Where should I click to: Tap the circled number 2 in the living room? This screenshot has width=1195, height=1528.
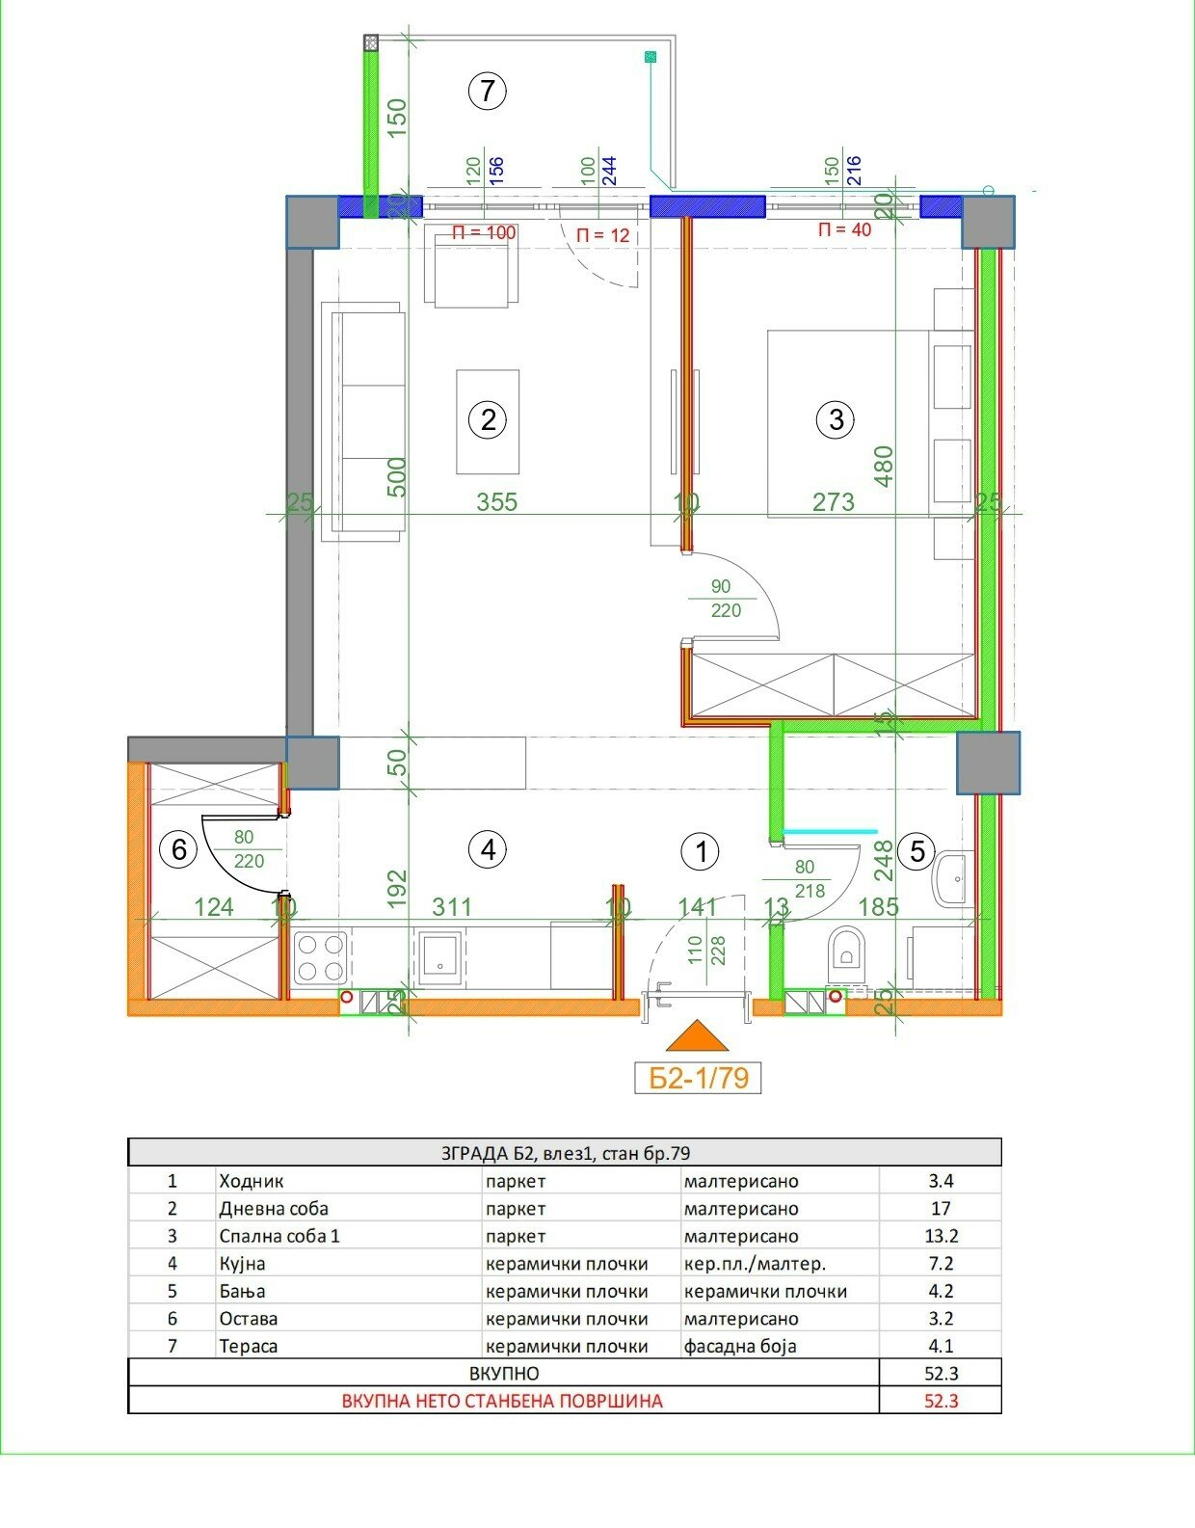[x=488, y=419]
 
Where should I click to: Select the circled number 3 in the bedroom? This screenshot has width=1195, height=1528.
[x=836, y=419]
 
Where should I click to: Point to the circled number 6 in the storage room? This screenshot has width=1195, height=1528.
[x=178, y=850]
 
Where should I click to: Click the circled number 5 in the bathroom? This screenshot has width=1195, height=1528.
[x=917, y=851]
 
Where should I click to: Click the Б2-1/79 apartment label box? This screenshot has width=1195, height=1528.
[x=698, y=1078]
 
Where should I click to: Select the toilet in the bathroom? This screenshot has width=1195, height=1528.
[x=845, y=954]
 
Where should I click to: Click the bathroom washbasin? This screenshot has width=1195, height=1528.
[x=952, y=879]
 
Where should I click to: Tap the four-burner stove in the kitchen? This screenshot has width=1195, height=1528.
[x=321, y=957]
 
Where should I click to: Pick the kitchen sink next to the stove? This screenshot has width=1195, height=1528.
[x=439, y=959]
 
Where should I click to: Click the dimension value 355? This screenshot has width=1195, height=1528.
[x=497, y=502]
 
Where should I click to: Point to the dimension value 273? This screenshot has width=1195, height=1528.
[x=834, y=502]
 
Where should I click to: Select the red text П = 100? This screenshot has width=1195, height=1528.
[x=485, y=232]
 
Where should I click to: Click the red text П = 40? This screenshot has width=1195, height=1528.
[x=844, y=229]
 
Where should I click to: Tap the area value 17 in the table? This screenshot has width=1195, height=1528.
[x=941, y=1208]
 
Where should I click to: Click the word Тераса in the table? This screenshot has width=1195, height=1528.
[x=248, y=1346]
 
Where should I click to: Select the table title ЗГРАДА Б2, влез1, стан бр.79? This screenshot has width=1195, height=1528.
[x=565, y=1153]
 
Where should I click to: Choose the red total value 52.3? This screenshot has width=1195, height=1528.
[x=941, y=1401]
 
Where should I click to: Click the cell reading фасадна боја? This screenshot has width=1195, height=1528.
[x=740, y=1346]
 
